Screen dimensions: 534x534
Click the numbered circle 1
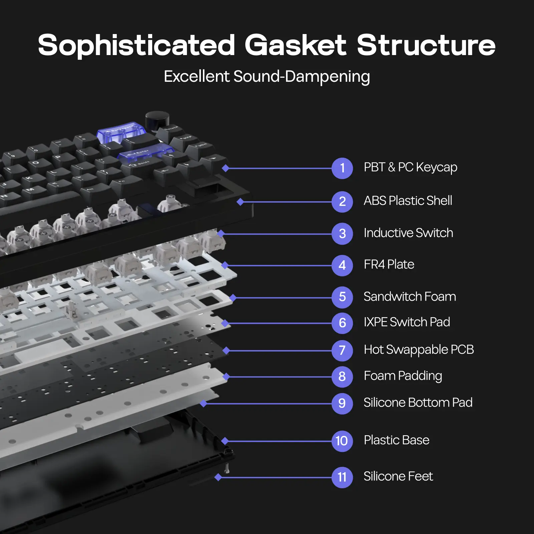click(x=342, y=168)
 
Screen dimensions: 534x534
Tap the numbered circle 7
click(x=342, y=350)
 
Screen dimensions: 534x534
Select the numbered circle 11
click(x=342, y=477)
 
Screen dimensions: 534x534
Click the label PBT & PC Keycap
click(x=410, y=167)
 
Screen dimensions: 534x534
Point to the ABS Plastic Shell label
click(x=408, y=201)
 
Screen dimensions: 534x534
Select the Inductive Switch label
click(x=408, y=233)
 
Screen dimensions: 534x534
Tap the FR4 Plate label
click(x=389, y=265)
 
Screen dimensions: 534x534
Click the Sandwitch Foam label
click(x=410, y=297)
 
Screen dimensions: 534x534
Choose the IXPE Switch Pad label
click(x=407, y=322)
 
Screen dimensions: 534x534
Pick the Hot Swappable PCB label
click(x=419, y=350)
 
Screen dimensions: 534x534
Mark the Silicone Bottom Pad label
click(x=418, y=403)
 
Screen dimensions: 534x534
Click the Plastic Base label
click(x=396, y=440)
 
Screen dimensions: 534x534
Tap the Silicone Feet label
click(x=398, y=476)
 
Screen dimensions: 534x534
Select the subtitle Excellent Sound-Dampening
click(x=267, y=76)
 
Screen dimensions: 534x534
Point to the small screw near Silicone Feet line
click(x=227, y=468)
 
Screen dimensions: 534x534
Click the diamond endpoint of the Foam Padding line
click(x=226, y=377)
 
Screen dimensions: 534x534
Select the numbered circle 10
click(x=342, y=441)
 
